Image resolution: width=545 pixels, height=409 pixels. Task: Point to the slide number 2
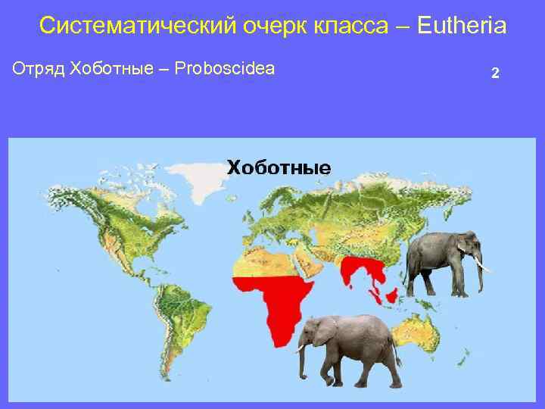pos(494,73)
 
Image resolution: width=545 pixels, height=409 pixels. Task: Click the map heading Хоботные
pos(279,167)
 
